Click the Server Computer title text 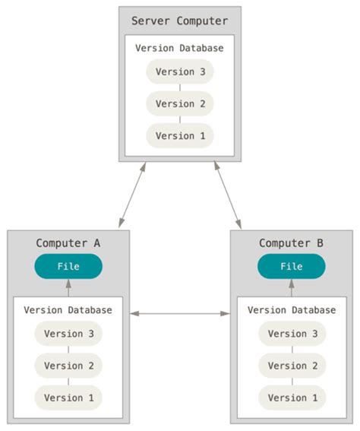pyautogui.click(x=180, y=21)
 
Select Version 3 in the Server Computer pyautogui.click(x=180, y=72)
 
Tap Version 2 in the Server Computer pyautogui.click(x=180, y=103)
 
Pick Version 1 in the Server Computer pyautogui.click(x=180, y=135)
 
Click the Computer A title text pyautogui.click(x=68, y=243)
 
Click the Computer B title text pyautogui.click(x=292, y=243)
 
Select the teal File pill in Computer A pyautogui.click(x=68, y=267)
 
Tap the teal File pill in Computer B pyautogui.click(x=292, y=267)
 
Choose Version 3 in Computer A pyautogui.click(x=68, y=334)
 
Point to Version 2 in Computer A pyautogui.click(x=68, y=366)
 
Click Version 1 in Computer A pyautogui.click(x=68, y=398)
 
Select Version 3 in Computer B pyautogui.click(x=292, y=334)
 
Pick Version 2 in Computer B pyautogui.click(x=292, y=366)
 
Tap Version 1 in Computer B pyautogui.click(x=292, y=398)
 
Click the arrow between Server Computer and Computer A pyautogui.click(x=131, y=195)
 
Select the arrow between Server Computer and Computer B pyautogui.click(x=228, y=195)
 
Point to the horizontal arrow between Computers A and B pyautogui.click(x=180, y=313)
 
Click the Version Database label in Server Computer pyautogui.click(x=180, y=48)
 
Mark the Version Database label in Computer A pyautogui.click(x=68, y=310)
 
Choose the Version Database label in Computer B pyautogui.click(x=292, y=310)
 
